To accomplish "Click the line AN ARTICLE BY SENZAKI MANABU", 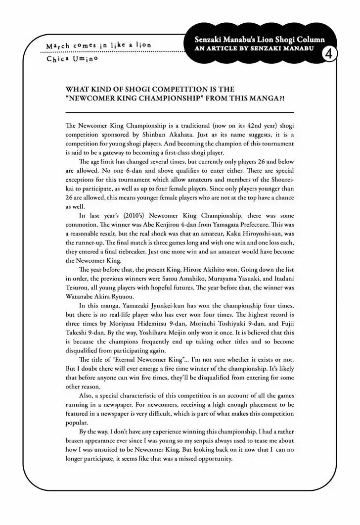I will coord(258,50).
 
